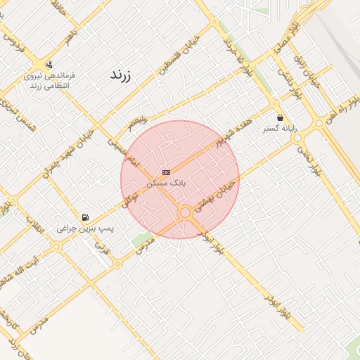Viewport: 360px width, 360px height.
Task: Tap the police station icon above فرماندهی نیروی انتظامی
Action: pos(49,65)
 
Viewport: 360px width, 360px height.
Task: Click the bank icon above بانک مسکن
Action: pos(165,172)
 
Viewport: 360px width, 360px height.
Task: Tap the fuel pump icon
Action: pos(85,217)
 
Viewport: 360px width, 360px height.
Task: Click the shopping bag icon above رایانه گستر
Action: pos(281,117)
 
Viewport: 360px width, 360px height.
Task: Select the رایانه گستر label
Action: pos(280,129)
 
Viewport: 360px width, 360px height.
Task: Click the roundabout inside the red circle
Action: pos(185,212)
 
